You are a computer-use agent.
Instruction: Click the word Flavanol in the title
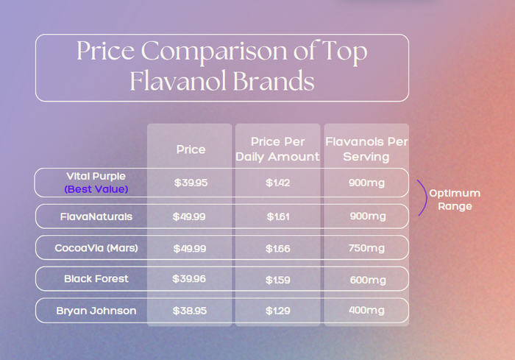pos(180,81)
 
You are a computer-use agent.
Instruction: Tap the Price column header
pos(191,149)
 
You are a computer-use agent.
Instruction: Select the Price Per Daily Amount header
pos(277,149)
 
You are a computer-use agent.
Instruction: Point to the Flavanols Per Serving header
pos(366,149)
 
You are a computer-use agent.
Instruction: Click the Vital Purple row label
pos(96,177)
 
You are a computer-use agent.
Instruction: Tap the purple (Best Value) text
pos(96,189)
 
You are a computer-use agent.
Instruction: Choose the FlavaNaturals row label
pos(96,216)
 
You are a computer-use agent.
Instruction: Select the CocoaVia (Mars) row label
pos(96,248)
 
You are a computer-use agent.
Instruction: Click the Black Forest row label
pos(96,279)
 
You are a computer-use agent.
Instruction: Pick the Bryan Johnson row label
pos(96,311)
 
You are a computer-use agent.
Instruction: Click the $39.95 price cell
pos(191,183)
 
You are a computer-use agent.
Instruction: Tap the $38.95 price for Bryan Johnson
pos(189,311)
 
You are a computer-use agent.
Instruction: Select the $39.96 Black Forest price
pos(189,279)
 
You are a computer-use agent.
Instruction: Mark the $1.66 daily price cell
pos(277,248)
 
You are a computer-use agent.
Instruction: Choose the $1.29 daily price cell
pos(277,311)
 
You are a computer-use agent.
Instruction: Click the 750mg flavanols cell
pos(366,248)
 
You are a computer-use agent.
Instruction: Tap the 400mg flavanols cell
pos(366,311)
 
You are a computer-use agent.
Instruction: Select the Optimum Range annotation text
pos(455,200)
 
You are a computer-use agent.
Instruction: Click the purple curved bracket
pos(425,198)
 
